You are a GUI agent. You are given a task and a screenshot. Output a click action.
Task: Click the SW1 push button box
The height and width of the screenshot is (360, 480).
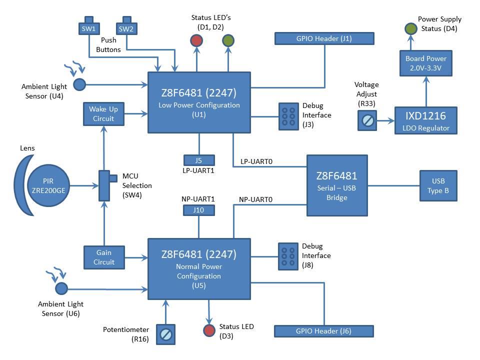pyautogui.click(x=88, y=28)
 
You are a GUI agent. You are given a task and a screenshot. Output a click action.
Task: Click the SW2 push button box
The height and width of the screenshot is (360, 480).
pyautogui.click(x=126, y=28)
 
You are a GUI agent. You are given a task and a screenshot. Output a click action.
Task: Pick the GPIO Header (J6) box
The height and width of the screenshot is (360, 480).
pyautogui.click(x=324, y=331)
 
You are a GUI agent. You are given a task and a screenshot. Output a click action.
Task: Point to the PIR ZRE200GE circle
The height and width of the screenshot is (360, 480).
pyautogui.click(x=48, y=185)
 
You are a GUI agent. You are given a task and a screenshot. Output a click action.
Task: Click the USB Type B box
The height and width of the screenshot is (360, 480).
pyautogui.click(x=437, y=185)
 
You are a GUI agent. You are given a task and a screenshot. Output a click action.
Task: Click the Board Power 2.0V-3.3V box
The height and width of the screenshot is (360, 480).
pyautogui.click(x=426, y=63)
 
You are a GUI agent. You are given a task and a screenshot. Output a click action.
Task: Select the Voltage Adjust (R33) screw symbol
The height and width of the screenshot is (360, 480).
pyautogui.click(x=367, y=120)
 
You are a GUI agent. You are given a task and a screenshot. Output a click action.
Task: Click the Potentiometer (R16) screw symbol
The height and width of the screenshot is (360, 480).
pyautogui.click(x=166, y=333)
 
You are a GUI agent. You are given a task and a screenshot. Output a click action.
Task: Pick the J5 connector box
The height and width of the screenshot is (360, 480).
pyautogui.click(x=198, y=160)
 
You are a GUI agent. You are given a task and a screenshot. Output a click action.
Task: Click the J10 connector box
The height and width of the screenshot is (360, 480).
pyautogui.click(x=198, y=210)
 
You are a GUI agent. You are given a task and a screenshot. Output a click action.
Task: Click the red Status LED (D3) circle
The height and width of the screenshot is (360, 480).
pyautogui.click(x=208, y=330)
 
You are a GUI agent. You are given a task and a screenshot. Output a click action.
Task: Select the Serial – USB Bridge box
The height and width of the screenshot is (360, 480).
pyautogui.click(x=336, y=185)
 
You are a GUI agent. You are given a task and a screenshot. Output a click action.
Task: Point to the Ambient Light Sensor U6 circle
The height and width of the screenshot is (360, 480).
pyautogui.click(x=61, y=288)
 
